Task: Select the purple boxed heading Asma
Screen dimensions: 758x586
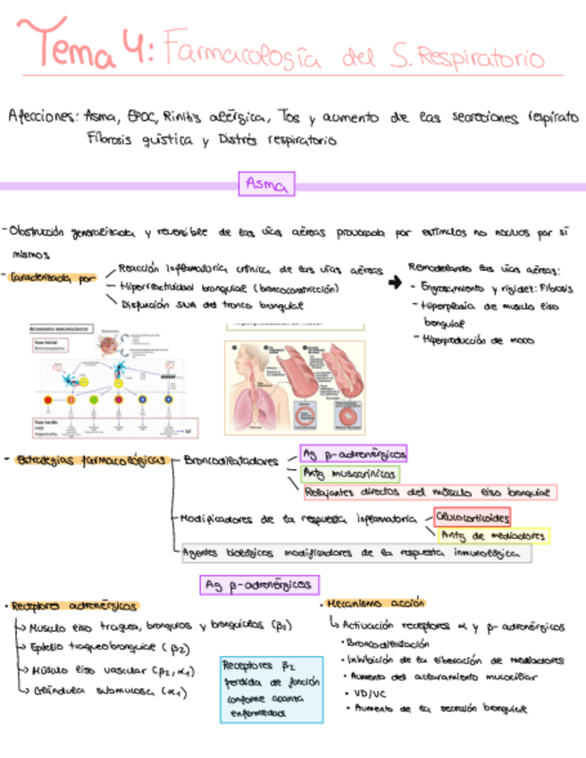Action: (265, 185)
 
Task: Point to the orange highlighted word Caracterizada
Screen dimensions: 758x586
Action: (50, 279)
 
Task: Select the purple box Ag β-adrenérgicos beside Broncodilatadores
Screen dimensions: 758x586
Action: (352, 454)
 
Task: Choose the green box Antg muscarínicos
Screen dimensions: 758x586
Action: (349, 474)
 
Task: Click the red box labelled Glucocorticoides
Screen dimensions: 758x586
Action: (472, 518)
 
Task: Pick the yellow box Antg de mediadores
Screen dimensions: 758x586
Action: (492, 535)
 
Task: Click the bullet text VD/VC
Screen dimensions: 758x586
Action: (362, 692)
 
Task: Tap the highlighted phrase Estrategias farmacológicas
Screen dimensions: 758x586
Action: (89, 460)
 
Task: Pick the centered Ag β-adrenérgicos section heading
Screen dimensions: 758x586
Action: (258, 585)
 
